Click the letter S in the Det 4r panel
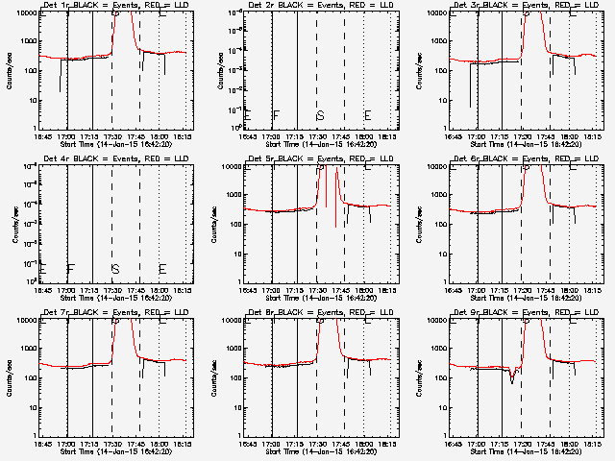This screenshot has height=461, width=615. coord(115,269)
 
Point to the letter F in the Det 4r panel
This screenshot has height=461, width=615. coord(70,269)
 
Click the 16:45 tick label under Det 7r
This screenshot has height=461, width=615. coord(42,444)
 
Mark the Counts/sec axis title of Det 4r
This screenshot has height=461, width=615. coord(10,224)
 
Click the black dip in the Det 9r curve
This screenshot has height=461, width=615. coord(512,380)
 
